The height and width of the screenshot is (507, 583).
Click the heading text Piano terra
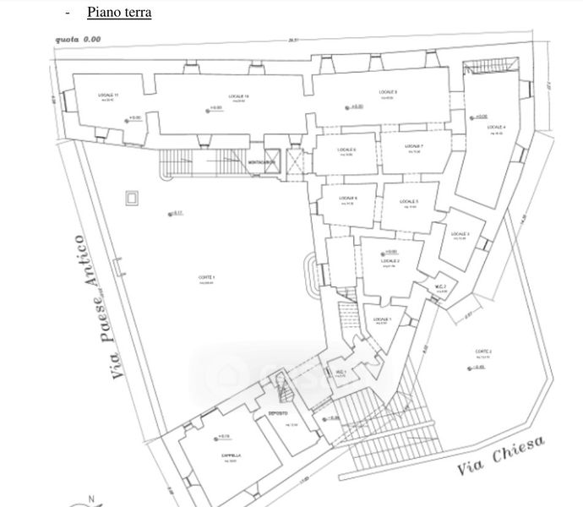pos(119,14)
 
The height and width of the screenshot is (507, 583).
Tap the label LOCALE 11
pos(109,94)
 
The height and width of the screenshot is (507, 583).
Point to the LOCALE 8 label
pos(389,91)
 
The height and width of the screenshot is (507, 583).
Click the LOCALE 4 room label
pos(497,128)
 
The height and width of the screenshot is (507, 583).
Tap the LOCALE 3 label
pos(460,234)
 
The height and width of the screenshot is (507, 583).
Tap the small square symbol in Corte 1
pos(131,198)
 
